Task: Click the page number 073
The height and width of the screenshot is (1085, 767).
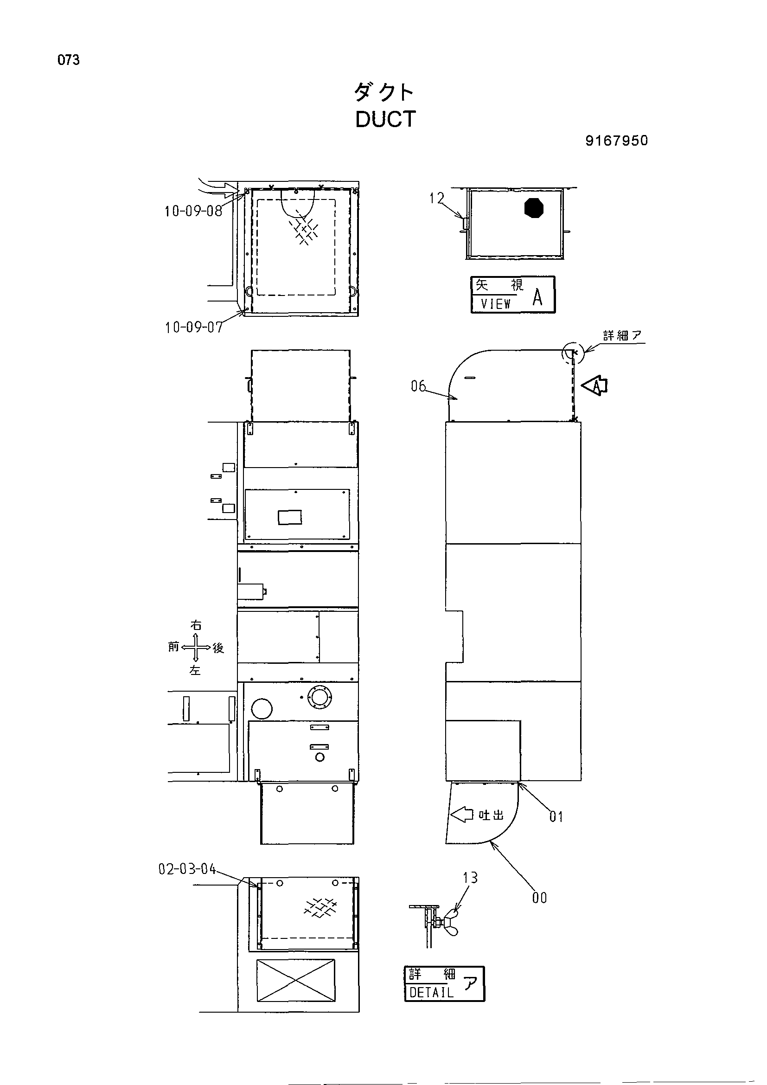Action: pyautogui.click(x=69, y=60)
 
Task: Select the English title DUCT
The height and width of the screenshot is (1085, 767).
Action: pyautogui.click(x=385, y=119)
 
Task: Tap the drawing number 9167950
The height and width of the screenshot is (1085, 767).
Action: pyautogui.click(x=617, y=141)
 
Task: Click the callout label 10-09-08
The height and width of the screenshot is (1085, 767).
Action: pyautogui.click(x=193, y=211)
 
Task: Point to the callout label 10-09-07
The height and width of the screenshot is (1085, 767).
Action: pyautogui.click(x=194, y=327)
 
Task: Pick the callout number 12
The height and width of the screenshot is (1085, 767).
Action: pyautogui.click(x=436, y=199)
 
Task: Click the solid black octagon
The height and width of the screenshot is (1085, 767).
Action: pyautogui.click(x=534, y=208)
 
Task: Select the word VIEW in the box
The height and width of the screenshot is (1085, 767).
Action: pyautogui.click(x=495, y=303)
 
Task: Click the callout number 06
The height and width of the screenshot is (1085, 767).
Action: pyautogui.click(x=418, y=386)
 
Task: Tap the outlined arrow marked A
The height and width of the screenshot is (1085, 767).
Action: pyautogui.click(x=594, y=385)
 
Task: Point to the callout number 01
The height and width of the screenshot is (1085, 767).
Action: pyautogui.click(x=556, y=816)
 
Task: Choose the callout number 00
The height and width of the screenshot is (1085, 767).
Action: pyautogui.click(x=539, y=898)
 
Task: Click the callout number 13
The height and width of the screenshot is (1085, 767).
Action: pyautogui.click(x=470, y=878)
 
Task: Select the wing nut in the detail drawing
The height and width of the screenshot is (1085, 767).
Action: pyautogui.click(x=450, y=922)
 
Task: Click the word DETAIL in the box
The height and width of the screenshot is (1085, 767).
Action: pyautogui.click(x=432, y=992)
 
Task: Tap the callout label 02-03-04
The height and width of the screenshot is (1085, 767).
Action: pyautogui.click(x=187, y=869)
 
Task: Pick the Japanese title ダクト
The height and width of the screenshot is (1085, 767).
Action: pyautogui.click(x=384, y=92)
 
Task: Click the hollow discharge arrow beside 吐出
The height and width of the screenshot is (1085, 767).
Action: pyautogui.click(x=462, y=814)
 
